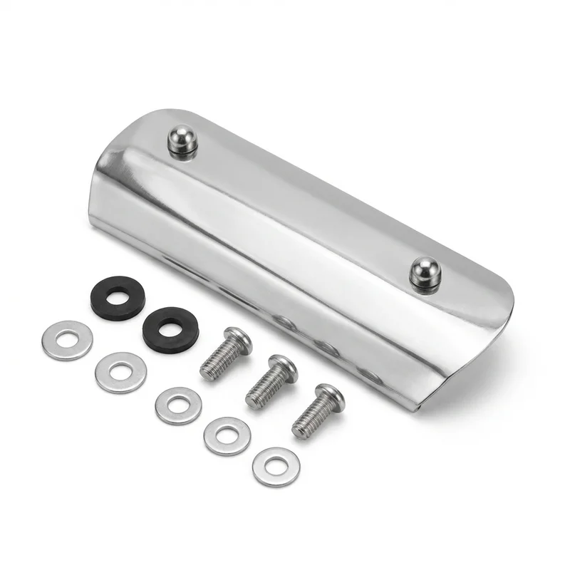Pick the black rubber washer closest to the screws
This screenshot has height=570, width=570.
click(169, 328)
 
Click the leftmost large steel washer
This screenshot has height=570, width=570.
click(67, 340)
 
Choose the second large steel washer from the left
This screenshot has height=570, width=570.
click(121, 371)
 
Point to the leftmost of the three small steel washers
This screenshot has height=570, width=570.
click(178, 405)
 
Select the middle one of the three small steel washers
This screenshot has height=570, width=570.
click(227, 435)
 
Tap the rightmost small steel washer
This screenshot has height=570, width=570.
click(276, 466)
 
